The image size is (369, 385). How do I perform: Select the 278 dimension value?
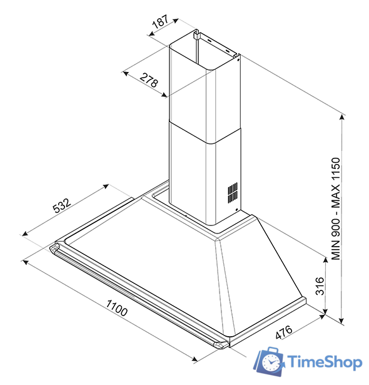coord(148,81)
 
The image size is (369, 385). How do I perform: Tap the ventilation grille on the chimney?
coord(233,192)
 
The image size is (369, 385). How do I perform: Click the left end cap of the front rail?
coord(54,249)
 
